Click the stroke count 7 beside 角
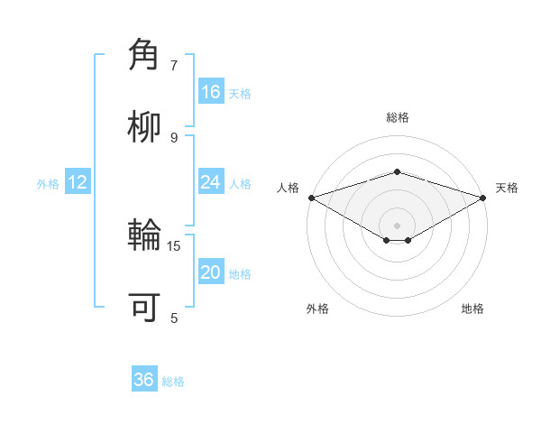click(174, 65)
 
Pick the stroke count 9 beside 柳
click(174, 137)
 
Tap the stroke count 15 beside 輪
click(174, 245)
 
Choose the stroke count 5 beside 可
click(174, 317)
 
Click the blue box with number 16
click(210, 92)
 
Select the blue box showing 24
click(210, 182)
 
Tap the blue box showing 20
click(210, 272)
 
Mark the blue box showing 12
click(78, 182)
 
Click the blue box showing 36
click(143, 380)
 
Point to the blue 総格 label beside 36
click(174, 382)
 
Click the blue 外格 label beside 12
click(48, 184)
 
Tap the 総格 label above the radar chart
click(397, 117)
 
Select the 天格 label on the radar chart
click(507, 188)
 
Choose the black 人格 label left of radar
click(288, 188)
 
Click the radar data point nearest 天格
click(483, 197)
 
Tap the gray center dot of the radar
click(397, 225)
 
